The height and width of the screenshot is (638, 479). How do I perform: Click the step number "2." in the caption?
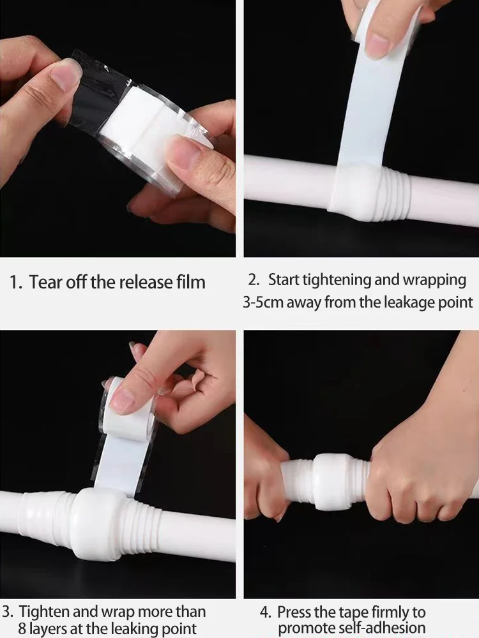[x=254, y=280]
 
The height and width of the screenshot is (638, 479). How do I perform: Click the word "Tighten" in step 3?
[x=43, y=612]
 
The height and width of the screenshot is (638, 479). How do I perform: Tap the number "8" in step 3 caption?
[x=22, y=628]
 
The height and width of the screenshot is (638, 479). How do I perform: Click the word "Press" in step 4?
[x=294, y=612]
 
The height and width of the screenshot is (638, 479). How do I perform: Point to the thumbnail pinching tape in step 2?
[x=377, y=45]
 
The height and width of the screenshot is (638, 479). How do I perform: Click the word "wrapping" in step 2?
[x=434, y=281]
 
